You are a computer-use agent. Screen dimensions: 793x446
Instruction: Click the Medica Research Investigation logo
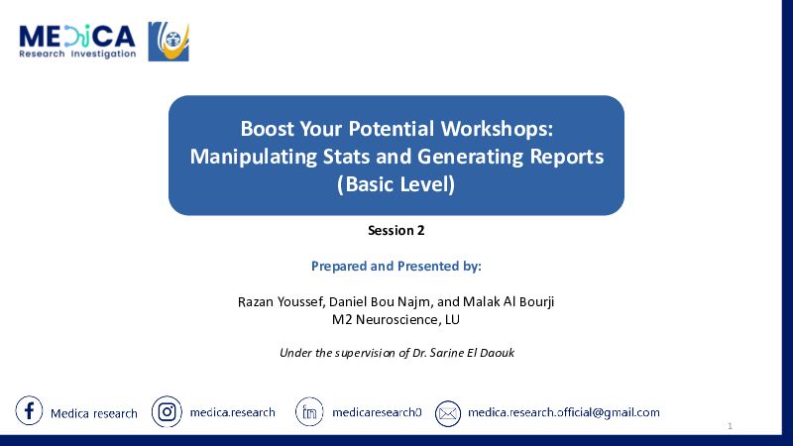pos(77,42)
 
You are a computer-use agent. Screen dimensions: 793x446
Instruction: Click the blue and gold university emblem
pos(169,42)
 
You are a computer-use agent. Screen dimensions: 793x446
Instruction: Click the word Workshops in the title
pos(498,129)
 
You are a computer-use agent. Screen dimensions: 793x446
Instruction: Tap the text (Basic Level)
pos(396,184)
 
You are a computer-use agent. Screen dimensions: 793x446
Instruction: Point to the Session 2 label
pos(396,231)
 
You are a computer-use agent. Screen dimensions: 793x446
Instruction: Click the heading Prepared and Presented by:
pos(396,266)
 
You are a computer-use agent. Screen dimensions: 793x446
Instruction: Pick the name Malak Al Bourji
pos(509,302)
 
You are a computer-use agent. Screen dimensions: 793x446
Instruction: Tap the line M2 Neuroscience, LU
pos(396,319)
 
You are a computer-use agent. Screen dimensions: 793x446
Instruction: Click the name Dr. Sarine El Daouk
pos(463,353)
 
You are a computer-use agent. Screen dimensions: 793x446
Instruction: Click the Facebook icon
pos(29,410)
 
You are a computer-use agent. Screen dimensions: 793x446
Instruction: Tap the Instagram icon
pos(167,411)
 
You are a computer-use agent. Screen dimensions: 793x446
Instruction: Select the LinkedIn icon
pos(309,412)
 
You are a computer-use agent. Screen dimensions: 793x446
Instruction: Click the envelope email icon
pos(448,413)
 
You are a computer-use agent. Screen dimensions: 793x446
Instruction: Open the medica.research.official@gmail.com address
pos(564,412)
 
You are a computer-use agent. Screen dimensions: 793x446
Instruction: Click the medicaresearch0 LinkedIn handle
pos(377,412)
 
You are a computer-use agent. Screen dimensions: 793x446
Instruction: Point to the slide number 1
pos(730,426)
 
